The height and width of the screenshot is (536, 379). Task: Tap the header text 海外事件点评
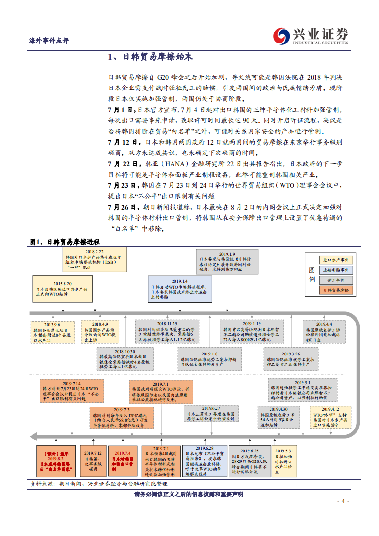click(46, 40)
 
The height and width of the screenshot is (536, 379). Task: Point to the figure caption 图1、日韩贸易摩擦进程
click(65, 242)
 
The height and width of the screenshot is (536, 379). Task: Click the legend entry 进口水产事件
click(337, 260)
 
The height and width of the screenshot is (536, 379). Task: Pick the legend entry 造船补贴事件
click(337, 270)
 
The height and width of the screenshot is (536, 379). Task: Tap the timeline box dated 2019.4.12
click(329, 416)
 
